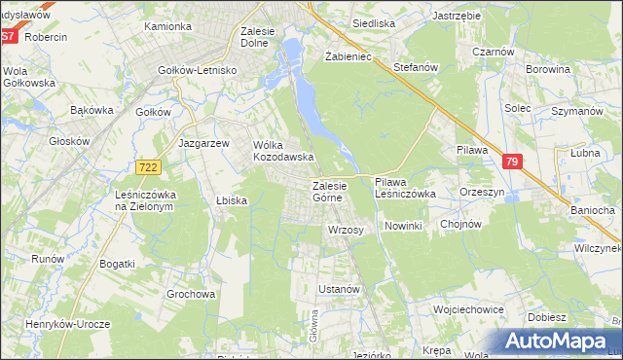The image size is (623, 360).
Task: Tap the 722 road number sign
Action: (x=148, y=167)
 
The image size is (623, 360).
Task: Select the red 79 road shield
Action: (x=514, y=163)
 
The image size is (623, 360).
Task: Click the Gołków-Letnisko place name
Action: (x=199, y=70)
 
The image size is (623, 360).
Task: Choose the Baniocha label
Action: (x=592, y=210)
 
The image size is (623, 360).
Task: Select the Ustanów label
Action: (x=340, y=290)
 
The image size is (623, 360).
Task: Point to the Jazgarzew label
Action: (x=203, y=142)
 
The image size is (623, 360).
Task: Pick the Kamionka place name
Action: (x=167, y=26)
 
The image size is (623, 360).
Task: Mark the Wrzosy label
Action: (x=346, y=230)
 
